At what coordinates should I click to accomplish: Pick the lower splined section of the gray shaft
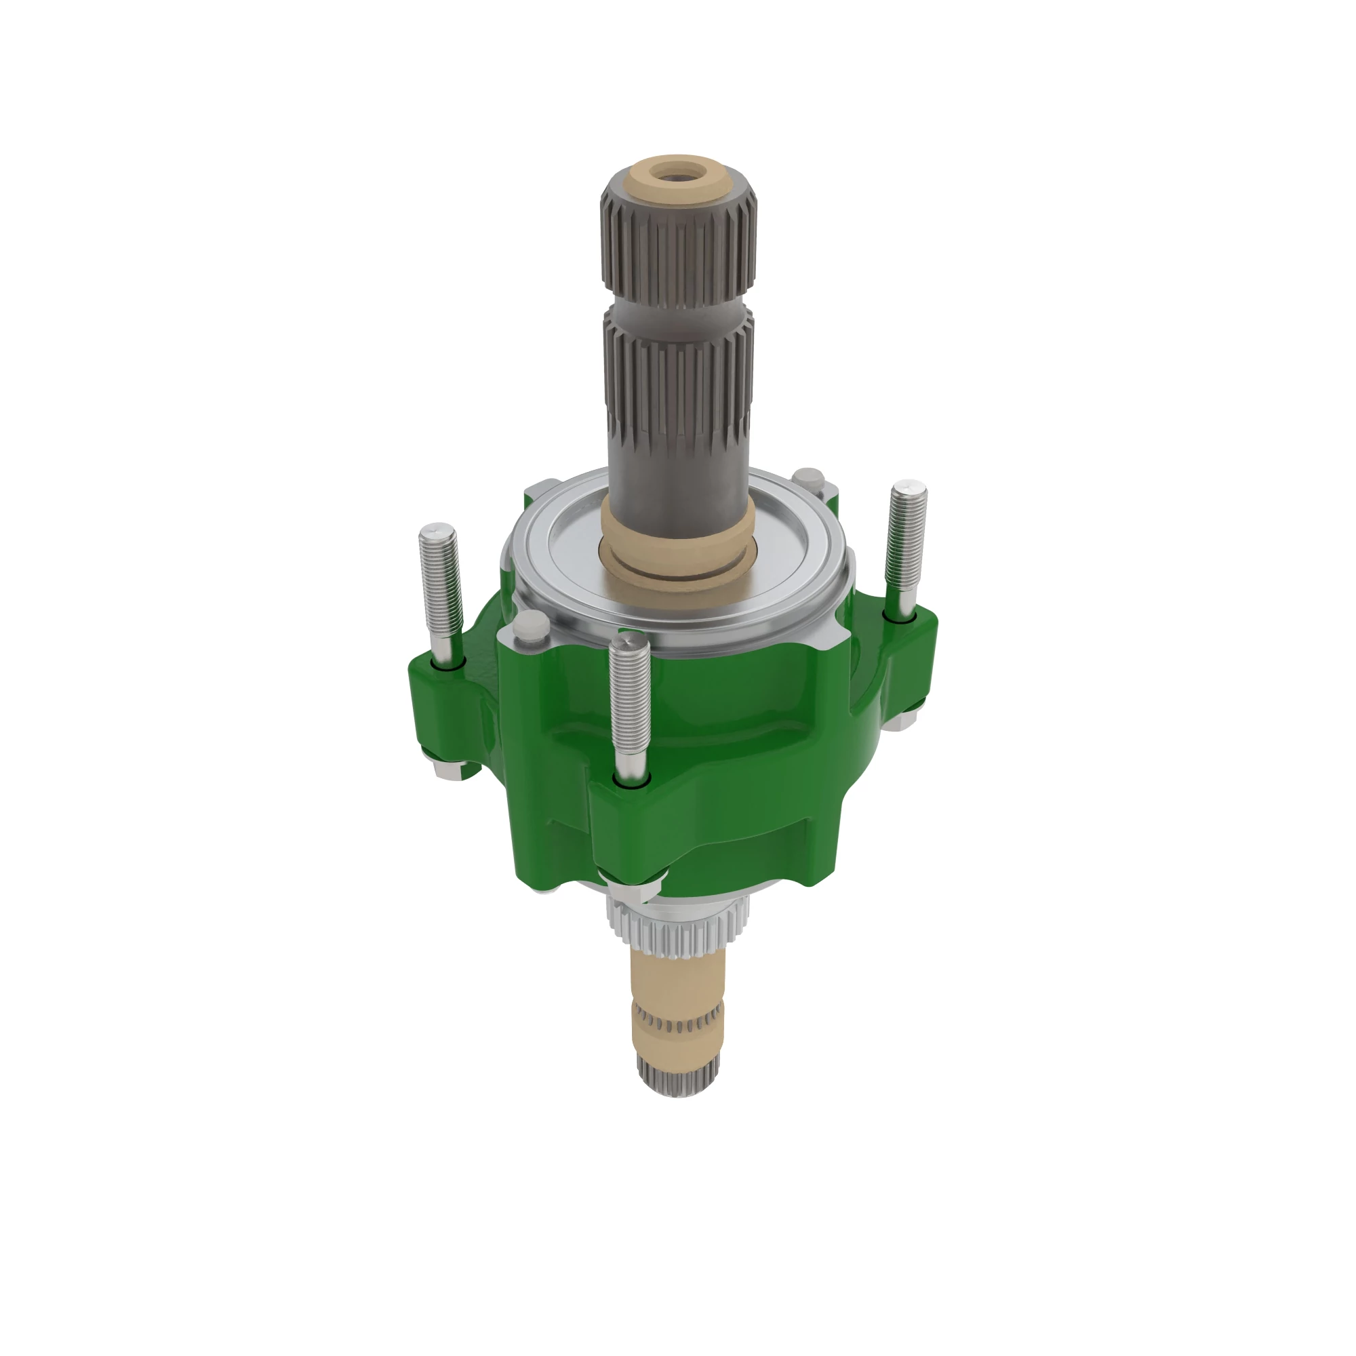[x=678, y=393]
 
